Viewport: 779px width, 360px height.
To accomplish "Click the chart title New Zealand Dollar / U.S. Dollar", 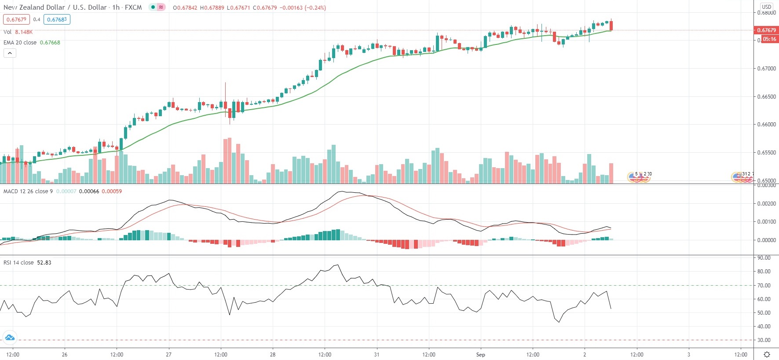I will pos(55,7).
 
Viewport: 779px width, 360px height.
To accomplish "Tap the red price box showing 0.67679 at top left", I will pos(16,19).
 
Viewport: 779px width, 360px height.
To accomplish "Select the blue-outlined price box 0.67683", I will pos(57,19).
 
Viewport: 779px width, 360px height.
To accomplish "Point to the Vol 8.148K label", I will pos(18,32).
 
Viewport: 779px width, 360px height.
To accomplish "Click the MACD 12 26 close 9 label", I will pos(28,191).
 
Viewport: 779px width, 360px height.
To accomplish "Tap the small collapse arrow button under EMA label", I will pos(10,53).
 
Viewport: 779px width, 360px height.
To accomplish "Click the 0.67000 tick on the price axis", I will pos(766,69).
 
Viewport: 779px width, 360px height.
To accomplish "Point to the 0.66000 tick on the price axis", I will pos(766,125).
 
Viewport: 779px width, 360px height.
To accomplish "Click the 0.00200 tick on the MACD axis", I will pos(766,204).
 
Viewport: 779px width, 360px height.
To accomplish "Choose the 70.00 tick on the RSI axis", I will pos(764,286).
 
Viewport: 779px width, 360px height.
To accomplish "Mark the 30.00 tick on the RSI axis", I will pos(764,340).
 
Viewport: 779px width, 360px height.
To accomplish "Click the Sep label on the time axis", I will pos(480,355).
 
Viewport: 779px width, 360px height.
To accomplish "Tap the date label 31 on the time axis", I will pos(377,355).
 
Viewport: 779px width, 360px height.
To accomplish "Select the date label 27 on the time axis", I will pos(168,355).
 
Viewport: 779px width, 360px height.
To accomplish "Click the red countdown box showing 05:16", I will pos(769,39).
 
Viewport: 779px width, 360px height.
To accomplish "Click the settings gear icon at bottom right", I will pos(767,355).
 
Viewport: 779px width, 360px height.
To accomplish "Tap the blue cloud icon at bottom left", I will pos(9,338).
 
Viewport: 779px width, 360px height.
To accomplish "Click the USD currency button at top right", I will pos(767,7).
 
